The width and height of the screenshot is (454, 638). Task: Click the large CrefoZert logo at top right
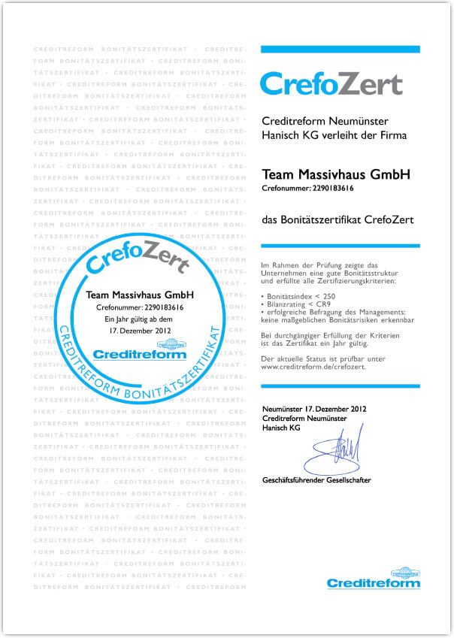331,83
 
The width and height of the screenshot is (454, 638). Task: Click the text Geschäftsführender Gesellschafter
316,479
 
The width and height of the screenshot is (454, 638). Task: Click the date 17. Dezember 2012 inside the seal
139,329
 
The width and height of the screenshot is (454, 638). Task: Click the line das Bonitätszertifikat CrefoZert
337,219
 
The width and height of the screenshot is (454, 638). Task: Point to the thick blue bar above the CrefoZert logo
340,49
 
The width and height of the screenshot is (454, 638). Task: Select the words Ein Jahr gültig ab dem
139,319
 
